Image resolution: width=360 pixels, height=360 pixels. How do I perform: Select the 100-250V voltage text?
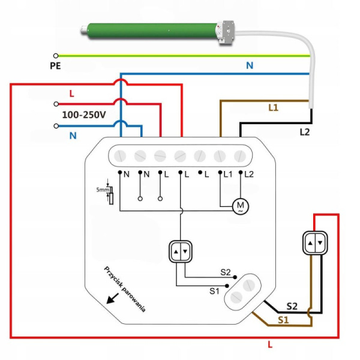[x=84, y=114]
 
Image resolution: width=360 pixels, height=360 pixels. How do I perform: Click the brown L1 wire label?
[x=273, y=107]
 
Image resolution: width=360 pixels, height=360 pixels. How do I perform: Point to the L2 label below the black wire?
[x=305, y=131]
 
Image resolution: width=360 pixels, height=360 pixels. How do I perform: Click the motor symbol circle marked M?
[x=241, y=206]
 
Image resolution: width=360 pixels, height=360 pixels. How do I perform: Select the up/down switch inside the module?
[x=181, y=252]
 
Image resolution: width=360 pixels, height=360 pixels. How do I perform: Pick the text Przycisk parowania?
[x=125, y=289]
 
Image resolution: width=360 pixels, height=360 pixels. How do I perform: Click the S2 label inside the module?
[x=225, y=272]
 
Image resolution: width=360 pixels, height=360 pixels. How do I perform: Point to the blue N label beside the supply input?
[x=73, y=136]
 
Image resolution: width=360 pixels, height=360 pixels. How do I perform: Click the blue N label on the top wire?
[x=250, y=65]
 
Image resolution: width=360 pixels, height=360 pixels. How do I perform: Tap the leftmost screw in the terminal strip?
[x=121, y=155]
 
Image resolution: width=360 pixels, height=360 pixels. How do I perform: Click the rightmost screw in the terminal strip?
[x=240, y=155]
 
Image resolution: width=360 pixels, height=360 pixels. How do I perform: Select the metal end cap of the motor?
[x=226, y=31]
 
